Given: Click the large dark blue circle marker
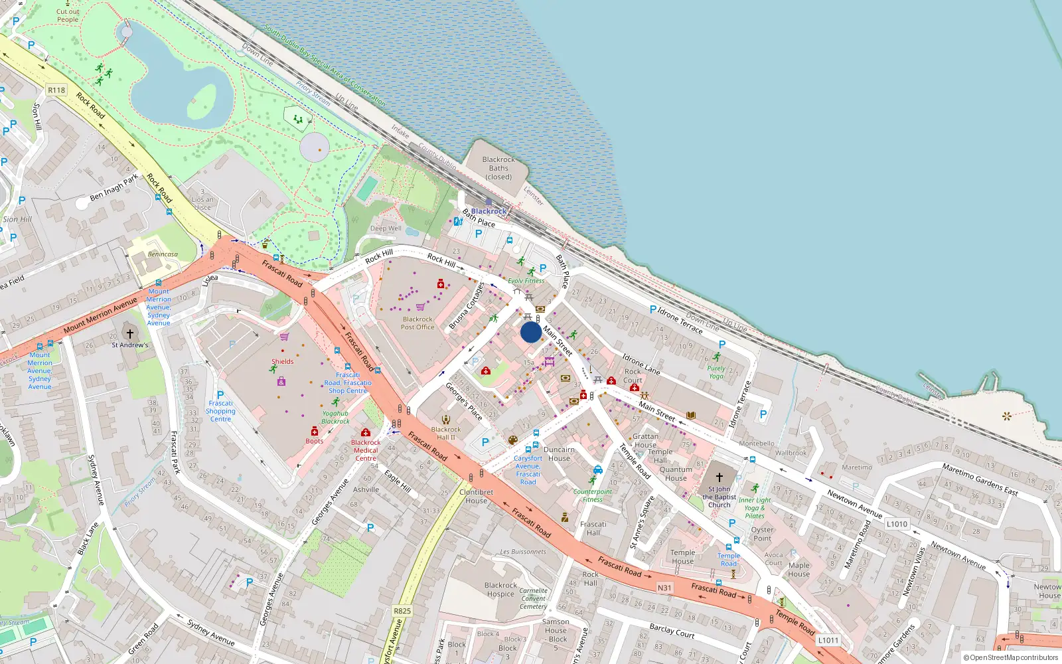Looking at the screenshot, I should [x=531, y=332].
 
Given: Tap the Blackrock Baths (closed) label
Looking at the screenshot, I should [x=498, y=168].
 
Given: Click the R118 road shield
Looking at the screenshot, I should [x=56, y=90].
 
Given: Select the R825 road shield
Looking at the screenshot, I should [x=402, y=611].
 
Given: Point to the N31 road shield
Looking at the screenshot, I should [x=664, y=588].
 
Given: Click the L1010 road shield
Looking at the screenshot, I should [x=897, y=524].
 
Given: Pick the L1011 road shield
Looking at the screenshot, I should [x=828, y=640].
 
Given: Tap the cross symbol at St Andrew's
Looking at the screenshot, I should [x=130, y=333].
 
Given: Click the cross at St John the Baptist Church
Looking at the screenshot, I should [x=719, y=477].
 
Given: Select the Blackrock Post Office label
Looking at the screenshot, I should [x=417, y=323].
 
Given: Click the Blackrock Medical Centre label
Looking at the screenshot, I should [x=366, y=450].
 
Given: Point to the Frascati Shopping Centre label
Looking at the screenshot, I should [x=220, y=411].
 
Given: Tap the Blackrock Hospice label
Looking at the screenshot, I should [x=500, y=590].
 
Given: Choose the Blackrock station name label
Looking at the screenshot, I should [x=489, y=211].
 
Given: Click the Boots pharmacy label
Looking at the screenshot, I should [x=315, y=441].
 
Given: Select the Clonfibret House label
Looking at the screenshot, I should [x=476, y=497].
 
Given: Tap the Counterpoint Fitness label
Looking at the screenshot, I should [x=593, y=495].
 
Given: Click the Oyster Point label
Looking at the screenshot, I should [x=762, y=534].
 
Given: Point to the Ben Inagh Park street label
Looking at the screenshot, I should [x=114, y=187].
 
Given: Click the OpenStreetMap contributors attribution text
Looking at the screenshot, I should [x=1011, y=658].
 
